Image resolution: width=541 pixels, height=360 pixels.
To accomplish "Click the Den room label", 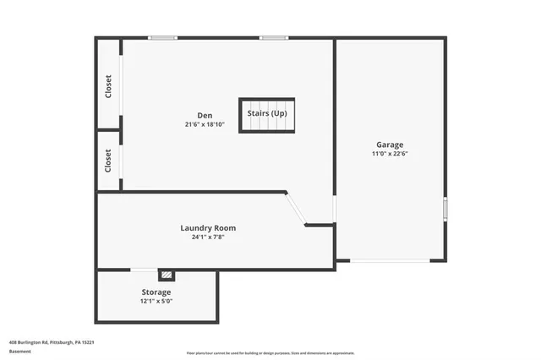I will coord(205,115).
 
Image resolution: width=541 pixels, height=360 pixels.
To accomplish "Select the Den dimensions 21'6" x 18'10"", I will coord(205,124).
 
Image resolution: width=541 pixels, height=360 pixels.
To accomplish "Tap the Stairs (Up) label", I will coord(266,112).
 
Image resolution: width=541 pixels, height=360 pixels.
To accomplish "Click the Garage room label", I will coord(390,145).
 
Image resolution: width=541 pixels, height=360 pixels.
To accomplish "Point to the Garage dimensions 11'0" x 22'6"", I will coord(390,154).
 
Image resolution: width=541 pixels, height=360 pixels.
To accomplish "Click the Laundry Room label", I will coord(208,227).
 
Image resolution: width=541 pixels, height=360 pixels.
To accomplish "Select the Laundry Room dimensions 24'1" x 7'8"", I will coord(208,237).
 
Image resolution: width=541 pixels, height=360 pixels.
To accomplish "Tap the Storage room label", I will coord(156,292).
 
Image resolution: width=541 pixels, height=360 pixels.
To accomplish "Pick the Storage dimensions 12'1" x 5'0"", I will coord(156,302).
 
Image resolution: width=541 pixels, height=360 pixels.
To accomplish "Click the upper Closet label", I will coord(108,86).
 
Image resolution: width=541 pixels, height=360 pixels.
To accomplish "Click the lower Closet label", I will coord(108,161).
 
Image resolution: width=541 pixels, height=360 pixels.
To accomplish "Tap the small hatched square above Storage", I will coord(167,275).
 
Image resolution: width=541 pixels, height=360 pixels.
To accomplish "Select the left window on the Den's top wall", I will coord(162,37).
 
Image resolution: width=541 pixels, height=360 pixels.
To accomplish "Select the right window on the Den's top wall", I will coord(273,37).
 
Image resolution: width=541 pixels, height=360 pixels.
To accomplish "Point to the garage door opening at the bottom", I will coord(390,260).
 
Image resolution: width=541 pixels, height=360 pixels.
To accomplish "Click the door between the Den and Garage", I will coord(335,208).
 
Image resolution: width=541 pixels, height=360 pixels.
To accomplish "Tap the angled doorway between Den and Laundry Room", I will coord(295,209).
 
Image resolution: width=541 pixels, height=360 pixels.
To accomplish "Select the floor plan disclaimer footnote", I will coord(270,353).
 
